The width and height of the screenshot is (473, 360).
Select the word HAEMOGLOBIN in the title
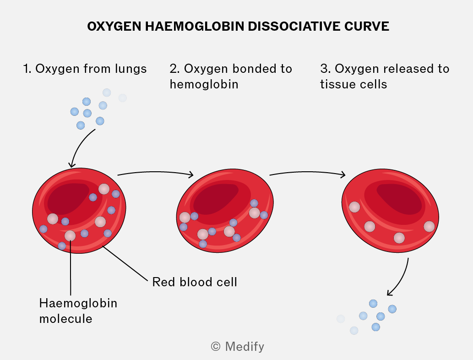[x=195, y=26]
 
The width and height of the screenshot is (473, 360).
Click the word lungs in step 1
[x=130, y=69]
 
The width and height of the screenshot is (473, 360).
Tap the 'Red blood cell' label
[x=195, y=282]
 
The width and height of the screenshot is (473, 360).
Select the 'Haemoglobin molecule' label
[x=78, y=311]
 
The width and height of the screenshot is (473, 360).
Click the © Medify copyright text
[x=237, y=346]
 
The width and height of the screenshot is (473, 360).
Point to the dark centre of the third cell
[x=400, y=198]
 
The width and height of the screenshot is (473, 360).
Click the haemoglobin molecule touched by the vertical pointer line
[x=70, y=236]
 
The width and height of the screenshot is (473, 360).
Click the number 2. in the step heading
[x=174, y=69]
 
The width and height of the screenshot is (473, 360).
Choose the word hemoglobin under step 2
[x=204, y=84]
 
